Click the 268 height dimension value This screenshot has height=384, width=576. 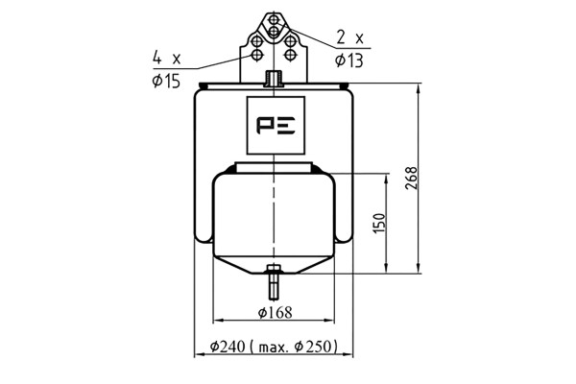(412, 179)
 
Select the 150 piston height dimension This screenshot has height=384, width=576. (379, 223)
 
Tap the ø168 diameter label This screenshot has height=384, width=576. (275, 313)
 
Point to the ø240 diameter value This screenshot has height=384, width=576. (228, 347)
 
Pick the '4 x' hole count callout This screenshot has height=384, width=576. (167, 58)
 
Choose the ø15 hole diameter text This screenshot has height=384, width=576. (166, 81)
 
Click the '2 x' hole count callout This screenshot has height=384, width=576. (349, 37)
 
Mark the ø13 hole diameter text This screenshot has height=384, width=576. (349, 60)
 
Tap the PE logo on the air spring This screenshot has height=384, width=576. (276, 126)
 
